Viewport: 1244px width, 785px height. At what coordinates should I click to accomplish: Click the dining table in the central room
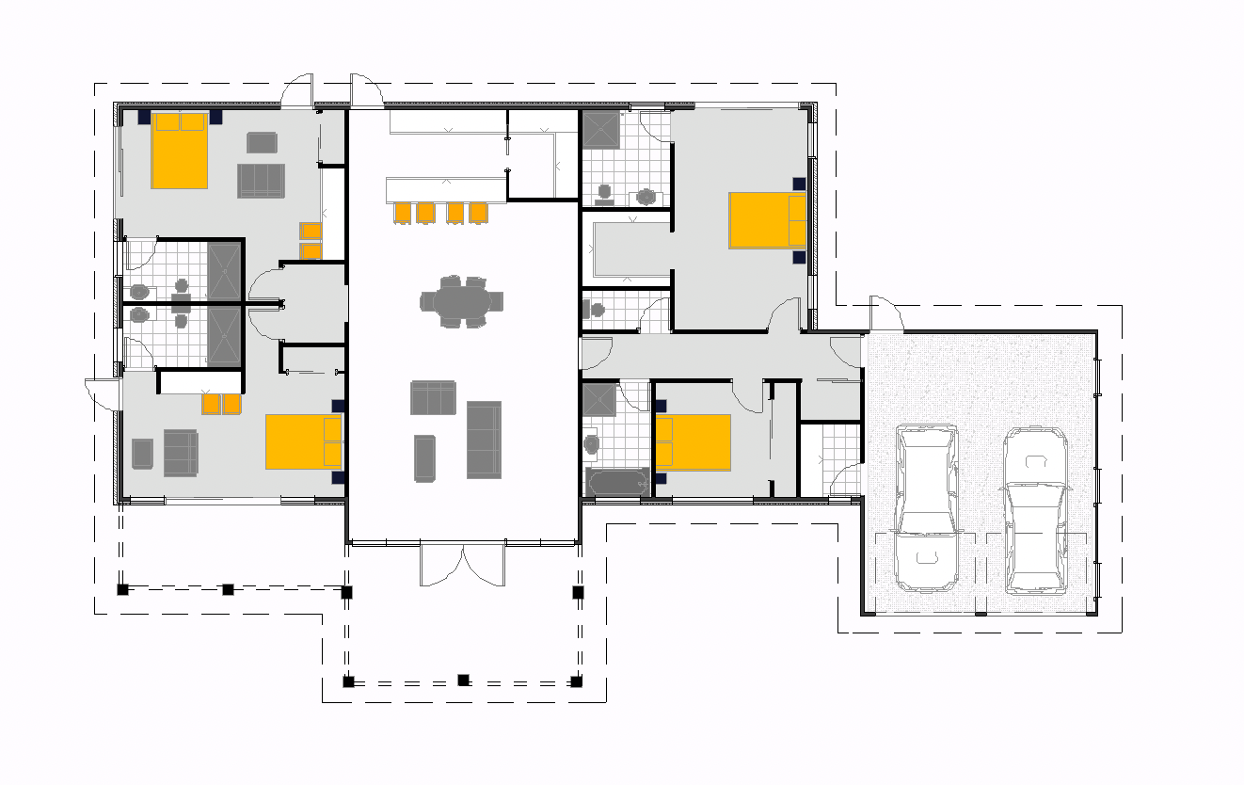pyautogui.click(x=461, y=302)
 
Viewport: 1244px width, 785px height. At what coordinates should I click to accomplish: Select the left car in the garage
pyautogui.click(x=927, y=507)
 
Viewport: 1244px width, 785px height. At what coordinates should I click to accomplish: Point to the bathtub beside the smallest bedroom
pyautogui.click(x=617, y=482)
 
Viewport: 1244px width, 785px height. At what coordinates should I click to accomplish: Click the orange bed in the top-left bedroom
pyautogui.click(x=179, y=151)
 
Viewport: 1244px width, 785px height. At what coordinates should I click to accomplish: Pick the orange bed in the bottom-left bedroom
pyautogui.click(x=303, y=441)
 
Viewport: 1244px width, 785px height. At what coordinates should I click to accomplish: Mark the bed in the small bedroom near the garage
pyautogui.click(x=694, y=441)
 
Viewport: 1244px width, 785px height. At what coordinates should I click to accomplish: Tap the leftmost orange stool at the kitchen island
pyautogui.click(x=403, y=213)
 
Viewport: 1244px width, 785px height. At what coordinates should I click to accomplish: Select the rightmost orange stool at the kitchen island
pyautogui.click(x=479, y=213)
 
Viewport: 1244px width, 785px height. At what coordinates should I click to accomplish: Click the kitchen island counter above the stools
pyautogui.click(x=446, y=188)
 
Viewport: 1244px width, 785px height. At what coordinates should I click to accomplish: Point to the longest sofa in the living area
pyautogui.click(x=484, y=439)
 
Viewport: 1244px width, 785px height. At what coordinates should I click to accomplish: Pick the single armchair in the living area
pyautogui.click(x=425, y=457)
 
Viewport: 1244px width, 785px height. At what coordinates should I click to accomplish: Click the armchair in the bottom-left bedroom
pyautogui.click(x=142, y=453)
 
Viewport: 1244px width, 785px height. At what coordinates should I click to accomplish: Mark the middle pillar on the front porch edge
pyautogui.click(x=463, y=680)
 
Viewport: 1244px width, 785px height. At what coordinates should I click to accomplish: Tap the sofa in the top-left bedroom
pyautogui.click(x=261, y=180)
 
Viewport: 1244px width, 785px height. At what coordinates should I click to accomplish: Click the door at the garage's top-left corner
pyautogui.click(x=885, y=316)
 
